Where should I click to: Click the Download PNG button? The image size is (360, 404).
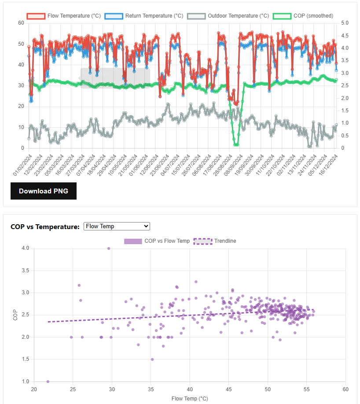[x=44, y=191]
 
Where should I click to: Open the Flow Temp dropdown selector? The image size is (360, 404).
[x=117, y=226]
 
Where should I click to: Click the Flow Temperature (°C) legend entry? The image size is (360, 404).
[x=64, y=16]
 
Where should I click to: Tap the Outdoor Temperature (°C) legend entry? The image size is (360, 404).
[x=228, y=16]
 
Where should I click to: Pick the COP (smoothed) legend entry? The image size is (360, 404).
[x=304, y=16]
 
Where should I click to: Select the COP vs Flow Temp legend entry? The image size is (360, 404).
[x=157, y=241]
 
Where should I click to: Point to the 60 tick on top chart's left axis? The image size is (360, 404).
[x=21, y=23]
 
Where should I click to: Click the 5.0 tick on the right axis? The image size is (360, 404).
[x=345, y=23]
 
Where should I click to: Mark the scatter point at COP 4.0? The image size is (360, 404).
[x=109, y=248]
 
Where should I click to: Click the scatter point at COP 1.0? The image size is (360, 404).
[x=48, y=382]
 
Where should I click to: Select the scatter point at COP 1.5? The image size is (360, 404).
[x=152, y=360]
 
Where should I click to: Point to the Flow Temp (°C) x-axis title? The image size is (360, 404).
[x=190, y=399]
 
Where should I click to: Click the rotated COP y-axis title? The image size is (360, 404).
[x=15, y=315]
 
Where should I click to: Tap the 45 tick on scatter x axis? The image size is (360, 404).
[x=228, y=389]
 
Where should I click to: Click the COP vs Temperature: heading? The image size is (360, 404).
[x=45, y=226]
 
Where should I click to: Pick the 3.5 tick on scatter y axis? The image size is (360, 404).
[x=25, y=271]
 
